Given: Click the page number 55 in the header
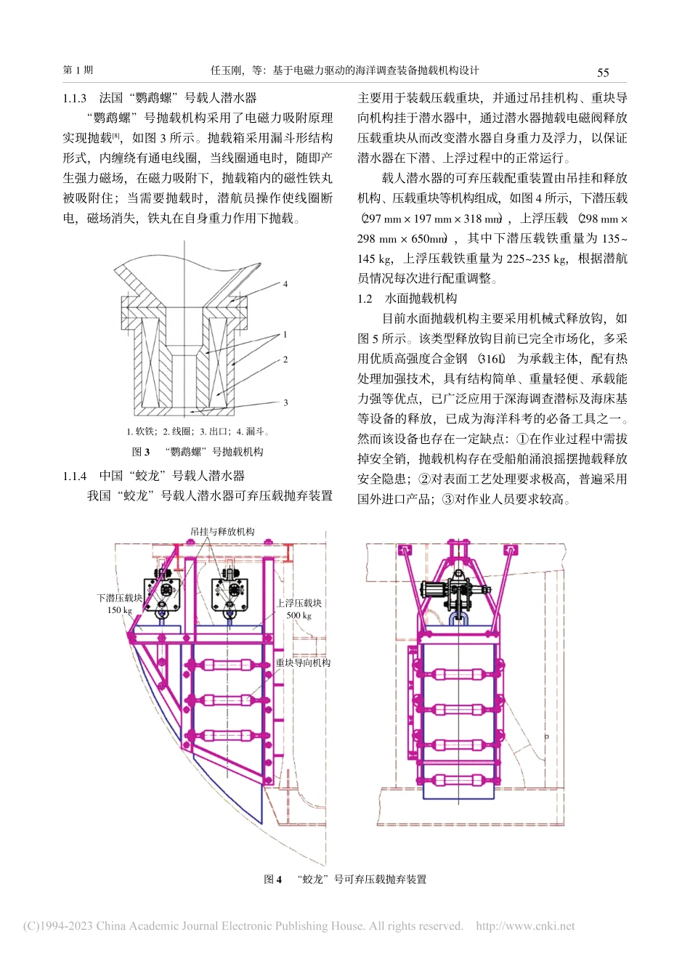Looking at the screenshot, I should click(603, 72).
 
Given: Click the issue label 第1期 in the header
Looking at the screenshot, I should click(78, 70).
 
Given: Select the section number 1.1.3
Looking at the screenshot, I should click(75, 98).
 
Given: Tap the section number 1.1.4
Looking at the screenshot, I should click(75, 476).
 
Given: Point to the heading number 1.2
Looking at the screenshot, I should click(365, 299).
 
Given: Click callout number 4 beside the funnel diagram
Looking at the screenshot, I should click(285, 284).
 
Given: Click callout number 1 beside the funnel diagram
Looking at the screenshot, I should click(285, 335).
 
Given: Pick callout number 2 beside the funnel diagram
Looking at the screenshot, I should click(285, 359).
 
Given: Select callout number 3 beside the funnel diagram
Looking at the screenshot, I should click(285, 402).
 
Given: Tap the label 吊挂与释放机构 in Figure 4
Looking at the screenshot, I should click(223, 532).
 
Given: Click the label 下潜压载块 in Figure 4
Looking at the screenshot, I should click(120, 599).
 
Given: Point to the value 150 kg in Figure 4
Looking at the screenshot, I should click(120, 610).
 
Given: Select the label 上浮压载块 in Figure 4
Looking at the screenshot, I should click(299, 604).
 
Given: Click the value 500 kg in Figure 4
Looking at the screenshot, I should click(299, 616).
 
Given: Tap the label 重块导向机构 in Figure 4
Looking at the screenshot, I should click(303, 663).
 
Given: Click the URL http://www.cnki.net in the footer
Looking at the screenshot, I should click(524, 926).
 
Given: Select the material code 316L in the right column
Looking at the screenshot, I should click(492, 359).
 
